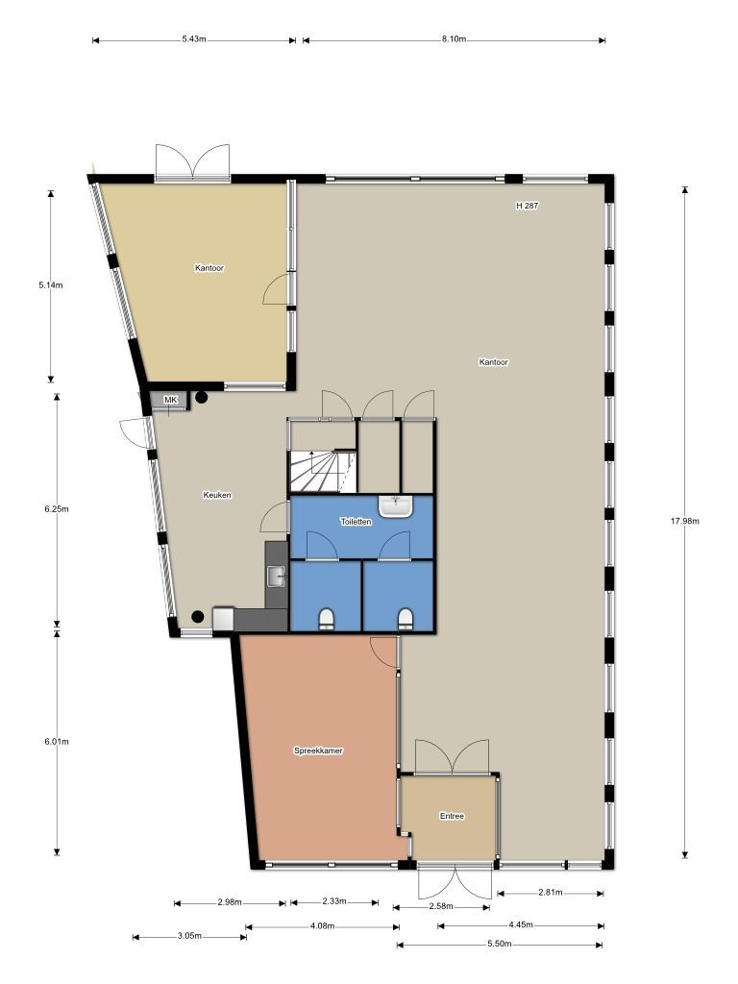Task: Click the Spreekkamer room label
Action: [x=318, y=750]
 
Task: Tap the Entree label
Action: [x=452, y=816]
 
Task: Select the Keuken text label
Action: [x=217, y=495]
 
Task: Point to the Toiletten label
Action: [x=356, y=522]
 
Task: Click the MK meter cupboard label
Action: [x=171, y=400]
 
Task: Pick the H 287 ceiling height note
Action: [x=528, y=206]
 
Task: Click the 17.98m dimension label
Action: [x=684, y=521]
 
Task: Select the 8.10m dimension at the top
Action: [x=454, y=38]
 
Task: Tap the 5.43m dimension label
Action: [x=194, y=38]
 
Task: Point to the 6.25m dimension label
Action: [x=57, y=509]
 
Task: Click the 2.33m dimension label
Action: [x=333, y=901]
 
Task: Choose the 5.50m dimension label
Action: [x=500, y=944]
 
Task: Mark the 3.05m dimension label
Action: [x=189, y=936]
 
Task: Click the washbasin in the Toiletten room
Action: [x=395, y=506]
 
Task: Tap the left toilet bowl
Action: [x=327, y=618]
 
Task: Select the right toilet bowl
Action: [x=406, y=618]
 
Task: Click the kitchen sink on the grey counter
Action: [x=276, y=577]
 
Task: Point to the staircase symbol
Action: [x=323, y=471]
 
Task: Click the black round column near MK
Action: [x=202, y=397]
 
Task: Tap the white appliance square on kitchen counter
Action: [x=223, y=618]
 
